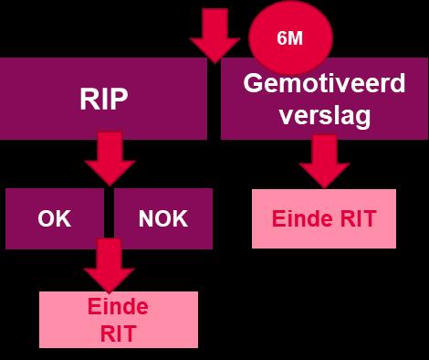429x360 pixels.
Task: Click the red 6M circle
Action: pos(290,37)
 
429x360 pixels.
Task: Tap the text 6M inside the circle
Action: pos(289,38)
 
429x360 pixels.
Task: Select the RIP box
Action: pos(103,99)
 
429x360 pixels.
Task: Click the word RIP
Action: pos(104,99)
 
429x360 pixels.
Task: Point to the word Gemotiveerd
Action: pos(324,83)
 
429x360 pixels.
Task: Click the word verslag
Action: pos(325,116)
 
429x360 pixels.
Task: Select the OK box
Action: pos(55,218)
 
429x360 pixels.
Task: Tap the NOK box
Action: pos(163,218)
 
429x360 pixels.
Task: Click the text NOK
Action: pos(163,218)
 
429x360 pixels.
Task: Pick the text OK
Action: pos(55,218)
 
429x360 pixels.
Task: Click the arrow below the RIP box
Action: pos(110,158)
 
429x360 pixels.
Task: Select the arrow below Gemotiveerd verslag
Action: pos(324,162)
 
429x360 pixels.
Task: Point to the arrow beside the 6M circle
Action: pos(214,36)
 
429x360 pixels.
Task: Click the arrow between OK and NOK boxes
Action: pos(109,266)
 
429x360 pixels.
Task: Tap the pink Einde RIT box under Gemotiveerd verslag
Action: pos(324,218)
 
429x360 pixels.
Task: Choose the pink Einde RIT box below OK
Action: pos(119,320)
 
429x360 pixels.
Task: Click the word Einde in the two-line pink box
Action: pos(118,307)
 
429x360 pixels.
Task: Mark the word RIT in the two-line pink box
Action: pos(118,334)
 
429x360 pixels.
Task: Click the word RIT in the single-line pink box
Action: pos(358,218)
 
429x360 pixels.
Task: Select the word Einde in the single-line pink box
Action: pos(302,218)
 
